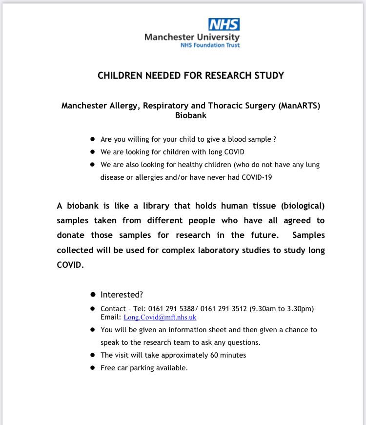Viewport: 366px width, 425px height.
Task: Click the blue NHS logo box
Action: coord(224,24)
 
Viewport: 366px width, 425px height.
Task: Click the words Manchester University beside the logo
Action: coord(192,37)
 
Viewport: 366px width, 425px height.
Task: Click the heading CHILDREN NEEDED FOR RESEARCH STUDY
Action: coord(191,76)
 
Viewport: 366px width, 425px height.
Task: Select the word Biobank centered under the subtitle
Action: coord(191,116)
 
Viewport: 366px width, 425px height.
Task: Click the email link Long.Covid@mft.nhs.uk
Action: coord(160,318)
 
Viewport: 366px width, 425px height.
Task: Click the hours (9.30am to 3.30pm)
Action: coord(282,309)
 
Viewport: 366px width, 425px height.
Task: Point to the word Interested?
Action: coord(122,295)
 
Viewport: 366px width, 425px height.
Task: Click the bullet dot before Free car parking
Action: coord(93,368)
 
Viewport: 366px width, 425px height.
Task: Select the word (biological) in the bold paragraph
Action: coord(300,205)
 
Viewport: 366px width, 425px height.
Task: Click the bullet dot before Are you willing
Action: coord(93,139)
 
